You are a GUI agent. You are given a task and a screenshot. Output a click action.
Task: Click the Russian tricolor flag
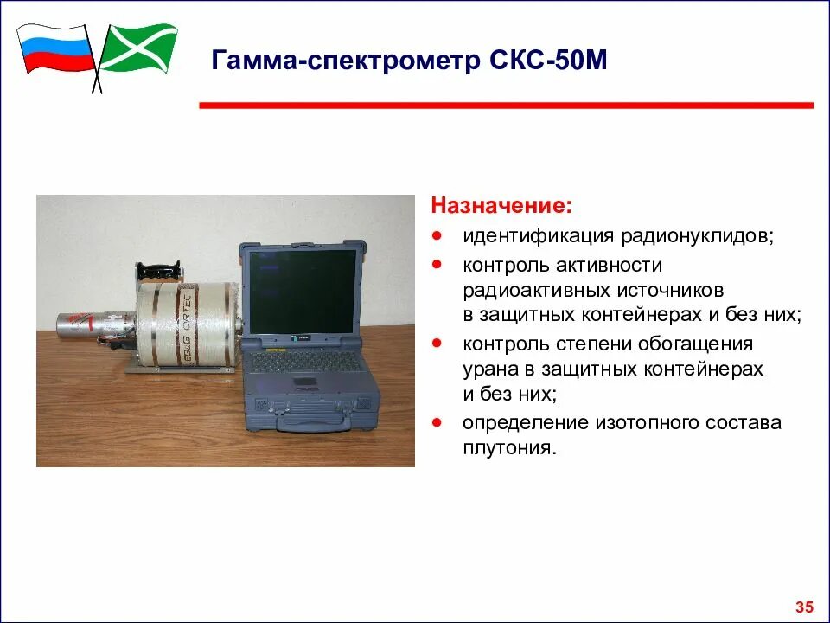pyautogui.click(x=55, y=47)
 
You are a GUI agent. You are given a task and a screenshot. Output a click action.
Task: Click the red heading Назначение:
pyautogui.click(x=501, y=207)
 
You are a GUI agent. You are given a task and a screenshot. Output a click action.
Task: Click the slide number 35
pyautogui.click(x=804, y=605)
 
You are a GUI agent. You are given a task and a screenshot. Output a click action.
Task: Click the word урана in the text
pyautogui.click(x=488, y=369)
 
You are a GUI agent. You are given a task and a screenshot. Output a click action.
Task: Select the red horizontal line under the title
pyautogui.click(x=506, y=106)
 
